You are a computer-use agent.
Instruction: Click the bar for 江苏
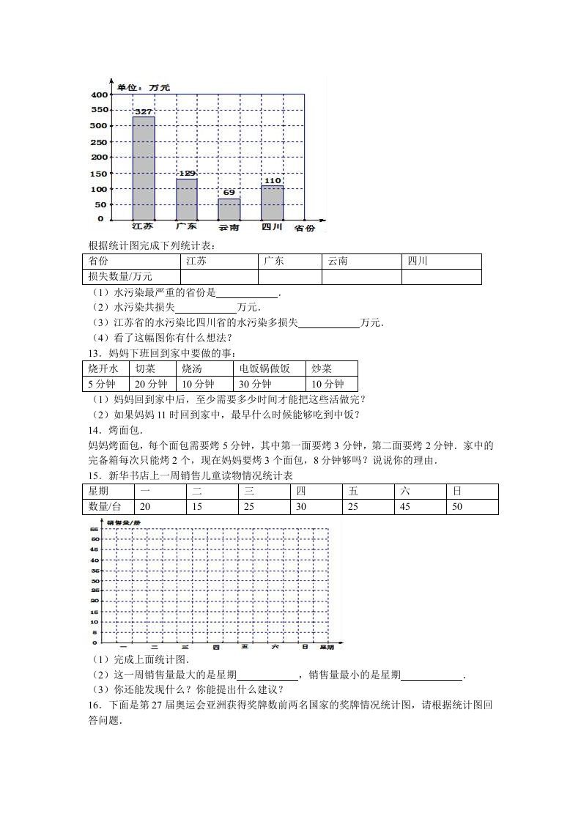144,168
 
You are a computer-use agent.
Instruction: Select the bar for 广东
187,199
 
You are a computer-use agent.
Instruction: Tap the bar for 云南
229,209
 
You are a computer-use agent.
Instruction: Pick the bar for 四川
273,202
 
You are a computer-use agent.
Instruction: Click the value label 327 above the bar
144,111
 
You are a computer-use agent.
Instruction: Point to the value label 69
229,192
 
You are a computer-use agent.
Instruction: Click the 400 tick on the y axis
98,95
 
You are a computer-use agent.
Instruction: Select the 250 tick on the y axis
98,141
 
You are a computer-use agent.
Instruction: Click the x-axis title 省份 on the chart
305,229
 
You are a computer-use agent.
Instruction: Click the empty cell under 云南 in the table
361,277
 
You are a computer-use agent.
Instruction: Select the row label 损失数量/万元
120,277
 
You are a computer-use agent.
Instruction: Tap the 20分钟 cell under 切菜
151,384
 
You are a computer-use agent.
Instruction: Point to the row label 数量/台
104,507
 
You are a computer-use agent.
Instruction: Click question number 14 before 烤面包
94,430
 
